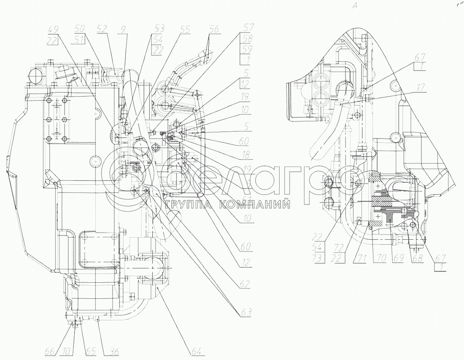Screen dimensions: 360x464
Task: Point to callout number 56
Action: coord(214,30)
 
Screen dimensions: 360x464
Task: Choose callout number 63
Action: coord(245,313)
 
